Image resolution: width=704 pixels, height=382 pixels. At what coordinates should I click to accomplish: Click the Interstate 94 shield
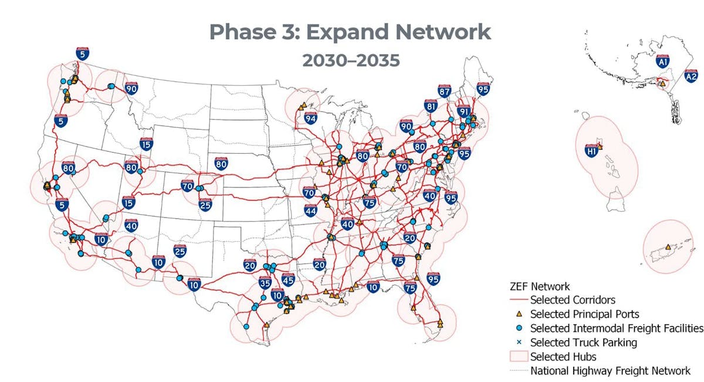[x=310, y=118]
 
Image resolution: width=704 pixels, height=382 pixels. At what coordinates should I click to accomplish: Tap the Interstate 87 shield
[x=444, y=91]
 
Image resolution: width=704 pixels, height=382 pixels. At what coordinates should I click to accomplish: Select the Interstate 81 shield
[x=431, y=106]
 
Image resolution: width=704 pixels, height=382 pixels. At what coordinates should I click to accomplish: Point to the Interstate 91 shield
[x=463, y=111]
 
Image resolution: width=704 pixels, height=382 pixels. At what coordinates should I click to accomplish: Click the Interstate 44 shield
[x=310, y=210]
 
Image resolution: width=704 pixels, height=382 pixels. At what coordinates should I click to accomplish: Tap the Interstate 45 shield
[x=287, y=280]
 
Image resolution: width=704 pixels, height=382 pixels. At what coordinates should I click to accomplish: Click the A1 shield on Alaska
[x=663, y=61]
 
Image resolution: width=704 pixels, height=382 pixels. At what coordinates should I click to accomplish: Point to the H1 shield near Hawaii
[x=591, y=151]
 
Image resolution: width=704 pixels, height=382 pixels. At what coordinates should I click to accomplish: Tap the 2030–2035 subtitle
[x=351, y=60]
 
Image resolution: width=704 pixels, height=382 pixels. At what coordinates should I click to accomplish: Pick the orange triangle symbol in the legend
[x=519, y=315]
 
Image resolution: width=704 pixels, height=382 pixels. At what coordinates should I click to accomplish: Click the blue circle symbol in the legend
[x=519, y=329]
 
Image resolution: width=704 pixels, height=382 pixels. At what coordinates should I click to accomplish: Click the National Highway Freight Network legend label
[x=610, y=370]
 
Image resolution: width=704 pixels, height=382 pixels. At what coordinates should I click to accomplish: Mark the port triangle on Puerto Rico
[x=668, y=247]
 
